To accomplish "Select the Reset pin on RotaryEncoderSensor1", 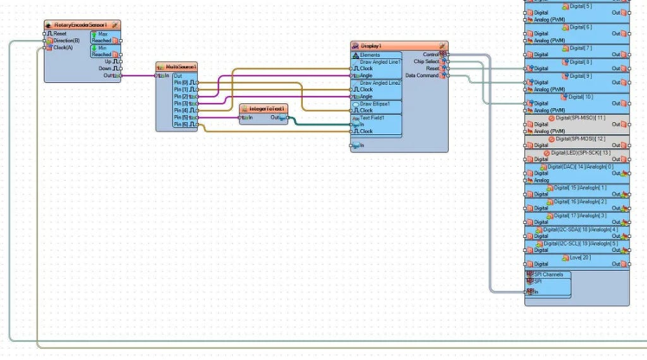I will (x=59, y=34).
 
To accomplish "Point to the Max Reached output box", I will (x=103, y=37).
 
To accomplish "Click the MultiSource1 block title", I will (x=181, y=67).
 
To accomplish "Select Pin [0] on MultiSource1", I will (x=181, y=83).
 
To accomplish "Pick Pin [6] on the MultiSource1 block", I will (x=181, y=125).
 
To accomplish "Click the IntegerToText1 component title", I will (x=266, y=109).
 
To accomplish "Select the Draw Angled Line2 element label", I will (x=380, y=83).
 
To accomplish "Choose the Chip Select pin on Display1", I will (x=427, y=61).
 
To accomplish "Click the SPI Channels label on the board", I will (x=547, y=274).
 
